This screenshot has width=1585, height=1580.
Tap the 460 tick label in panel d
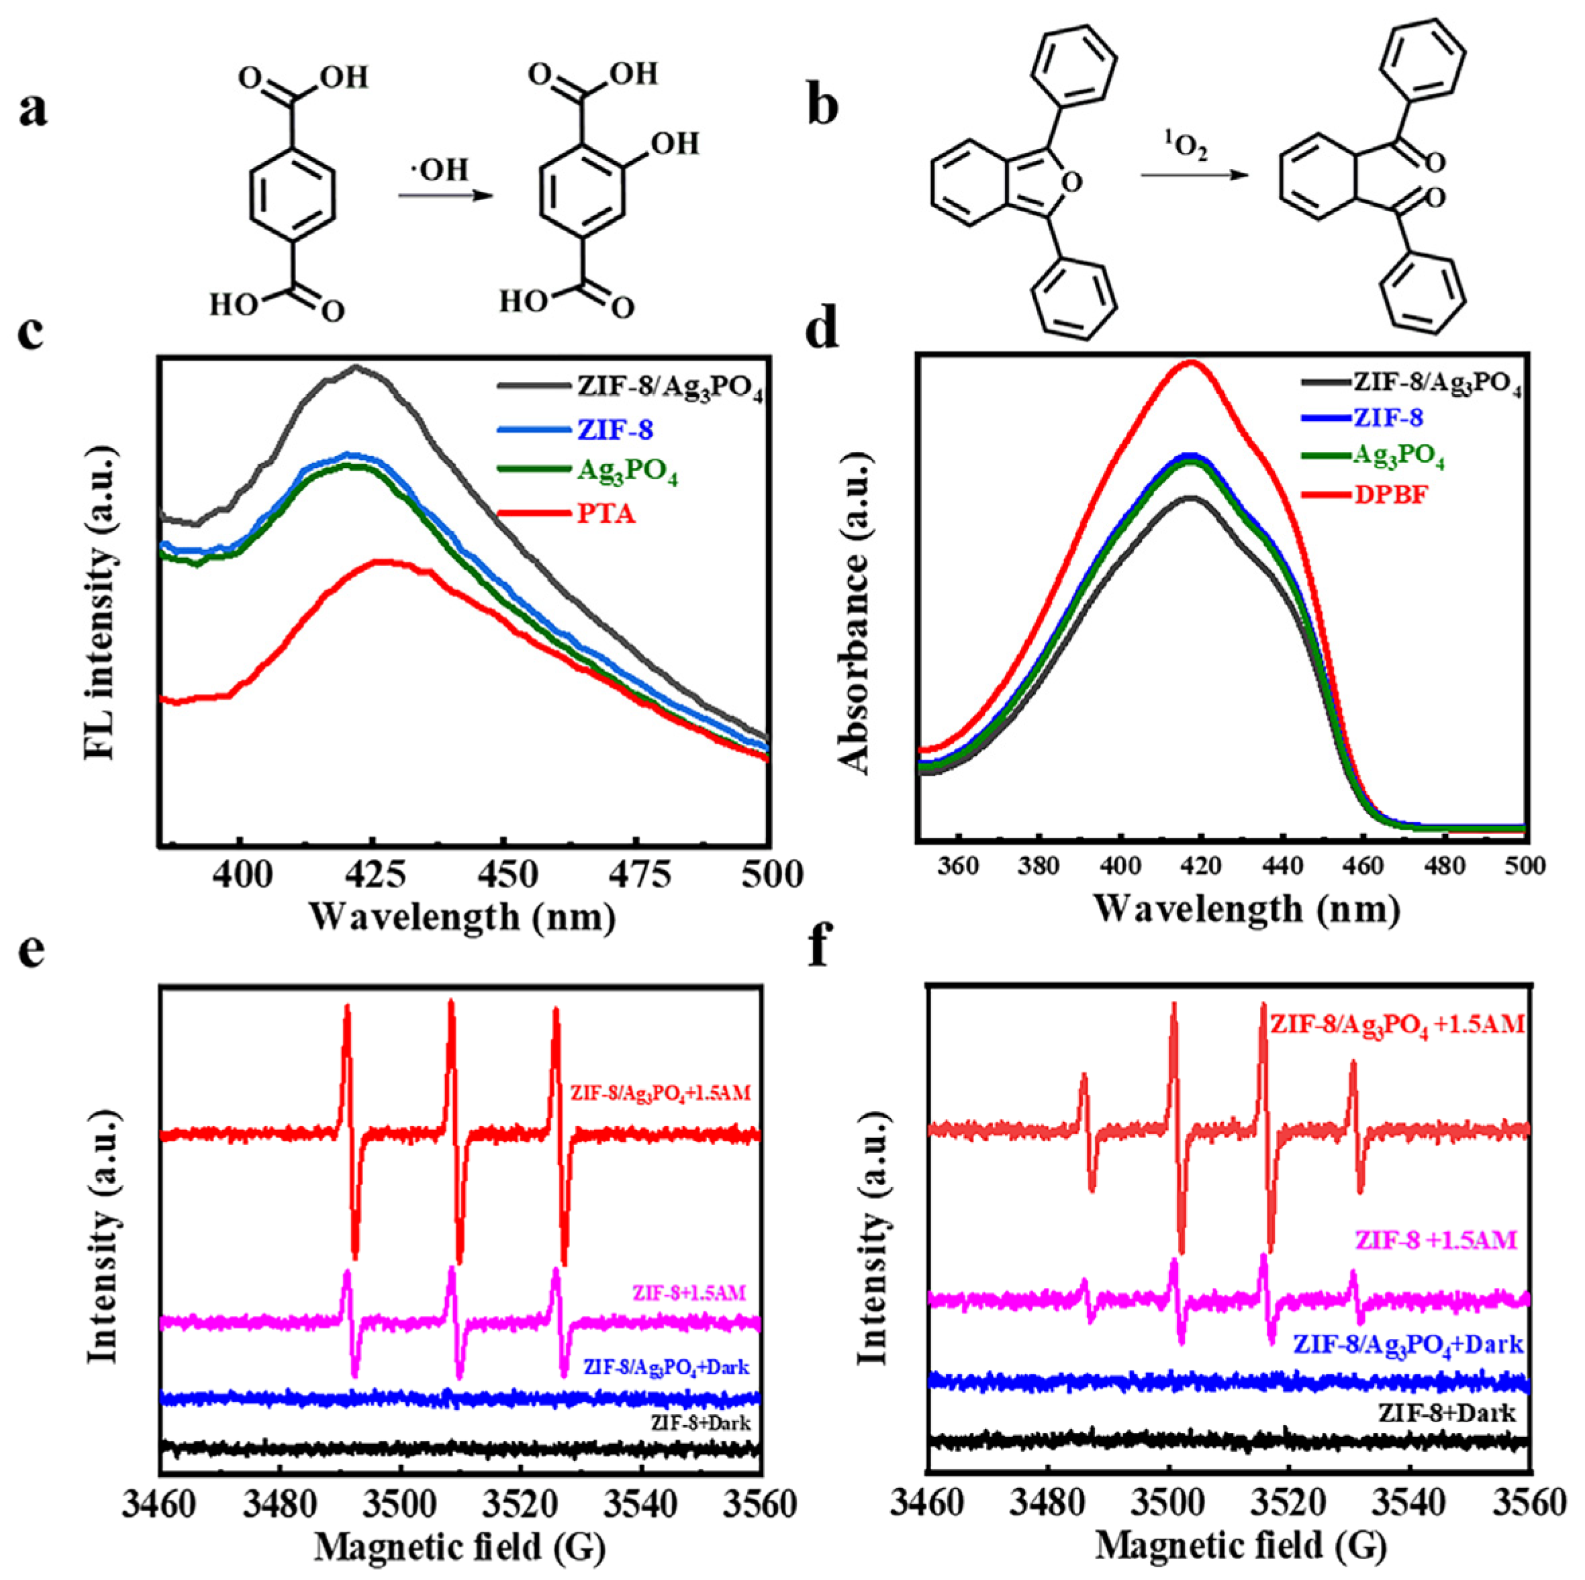[1362, 866]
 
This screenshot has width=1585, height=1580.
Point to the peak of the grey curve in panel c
[356, 368]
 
